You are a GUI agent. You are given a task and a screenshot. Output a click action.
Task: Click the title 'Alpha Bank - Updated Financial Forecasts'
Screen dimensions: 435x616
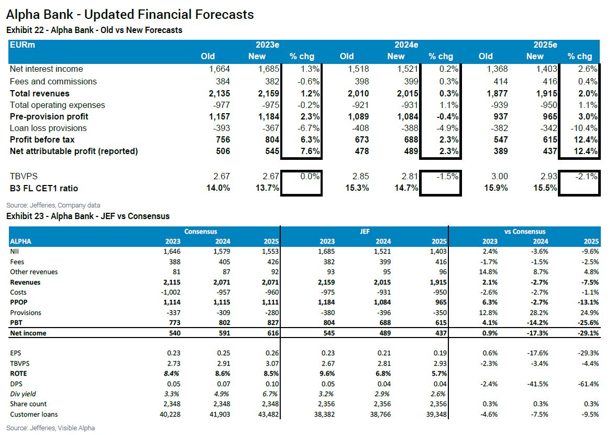pos(130,14)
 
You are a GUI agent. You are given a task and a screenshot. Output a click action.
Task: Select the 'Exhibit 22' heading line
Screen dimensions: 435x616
pos(94,30)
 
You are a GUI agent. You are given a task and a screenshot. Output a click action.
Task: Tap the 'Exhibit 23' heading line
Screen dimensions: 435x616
pos(88,216)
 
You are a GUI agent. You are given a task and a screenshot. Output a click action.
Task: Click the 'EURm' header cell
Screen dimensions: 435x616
pos(23,45)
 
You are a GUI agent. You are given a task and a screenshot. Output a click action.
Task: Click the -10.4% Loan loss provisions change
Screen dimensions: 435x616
pos(583,128)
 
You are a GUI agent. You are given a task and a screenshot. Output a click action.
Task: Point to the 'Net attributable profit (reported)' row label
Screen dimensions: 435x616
pos(74,151)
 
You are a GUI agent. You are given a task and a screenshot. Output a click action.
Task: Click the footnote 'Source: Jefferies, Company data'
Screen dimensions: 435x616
pos(53,205)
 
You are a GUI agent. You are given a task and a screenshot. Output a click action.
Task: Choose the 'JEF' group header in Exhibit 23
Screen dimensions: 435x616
pos(365,231)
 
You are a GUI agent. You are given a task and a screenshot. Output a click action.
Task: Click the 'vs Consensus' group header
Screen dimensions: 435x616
pos(524,231)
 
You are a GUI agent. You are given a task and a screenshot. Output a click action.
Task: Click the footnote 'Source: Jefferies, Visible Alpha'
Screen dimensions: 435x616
pos(50,428)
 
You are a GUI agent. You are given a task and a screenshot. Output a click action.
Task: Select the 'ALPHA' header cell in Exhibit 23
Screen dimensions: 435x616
pos(21,242)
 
